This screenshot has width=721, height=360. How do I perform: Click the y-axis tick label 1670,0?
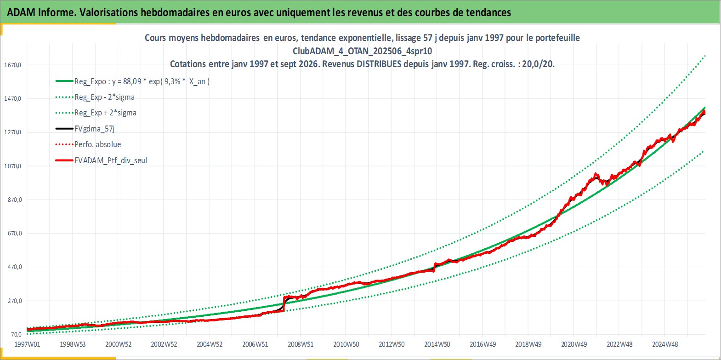12,65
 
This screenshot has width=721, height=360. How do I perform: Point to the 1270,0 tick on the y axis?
12,132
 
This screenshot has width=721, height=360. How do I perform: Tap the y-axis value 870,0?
15,200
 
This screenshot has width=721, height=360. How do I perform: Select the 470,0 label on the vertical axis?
15,267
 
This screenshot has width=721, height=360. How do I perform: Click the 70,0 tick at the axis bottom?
16,335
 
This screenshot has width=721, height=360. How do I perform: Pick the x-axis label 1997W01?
27,344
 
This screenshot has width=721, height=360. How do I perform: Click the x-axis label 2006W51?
255,344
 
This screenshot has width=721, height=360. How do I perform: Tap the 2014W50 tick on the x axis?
437,344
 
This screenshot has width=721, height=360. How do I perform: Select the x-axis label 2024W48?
665,344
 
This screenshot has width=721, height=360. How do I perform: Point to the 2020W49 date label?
574,344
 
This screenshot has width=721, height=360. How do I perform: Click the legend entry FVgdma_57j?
94,129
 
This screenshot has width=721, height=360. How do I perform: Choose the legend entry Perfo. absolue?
98,144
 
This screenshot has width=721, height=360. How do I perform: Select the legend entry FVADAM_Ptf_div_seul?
111,160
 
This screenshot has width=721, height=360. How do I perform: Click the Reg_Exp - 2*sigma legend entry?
105,97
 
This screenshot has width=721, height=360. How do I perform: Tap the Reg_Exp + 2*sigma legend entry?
106,113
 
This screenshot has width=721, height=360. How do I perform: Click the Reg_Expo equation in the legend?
142,81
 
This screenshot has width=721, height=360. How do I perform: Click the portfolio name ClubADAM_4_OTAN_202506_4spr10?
363,51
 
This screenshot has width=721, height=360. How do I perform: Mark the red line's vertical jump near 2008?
284,303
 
